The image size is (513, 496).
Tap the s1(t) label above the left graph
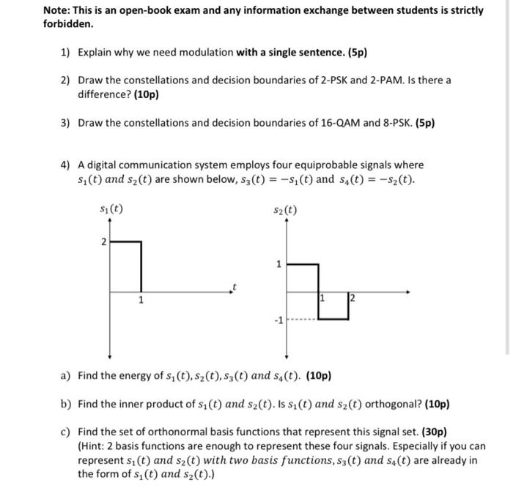point(111,209)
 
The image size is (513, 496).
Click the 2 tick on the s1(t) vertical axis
point(103,241)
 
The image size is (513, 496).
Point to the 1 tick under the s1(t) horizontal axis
point(141,299)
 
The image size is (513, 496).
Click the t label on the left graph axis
point(235,286)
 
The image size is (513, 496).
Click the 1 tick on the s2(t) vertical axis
point(278,264)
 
